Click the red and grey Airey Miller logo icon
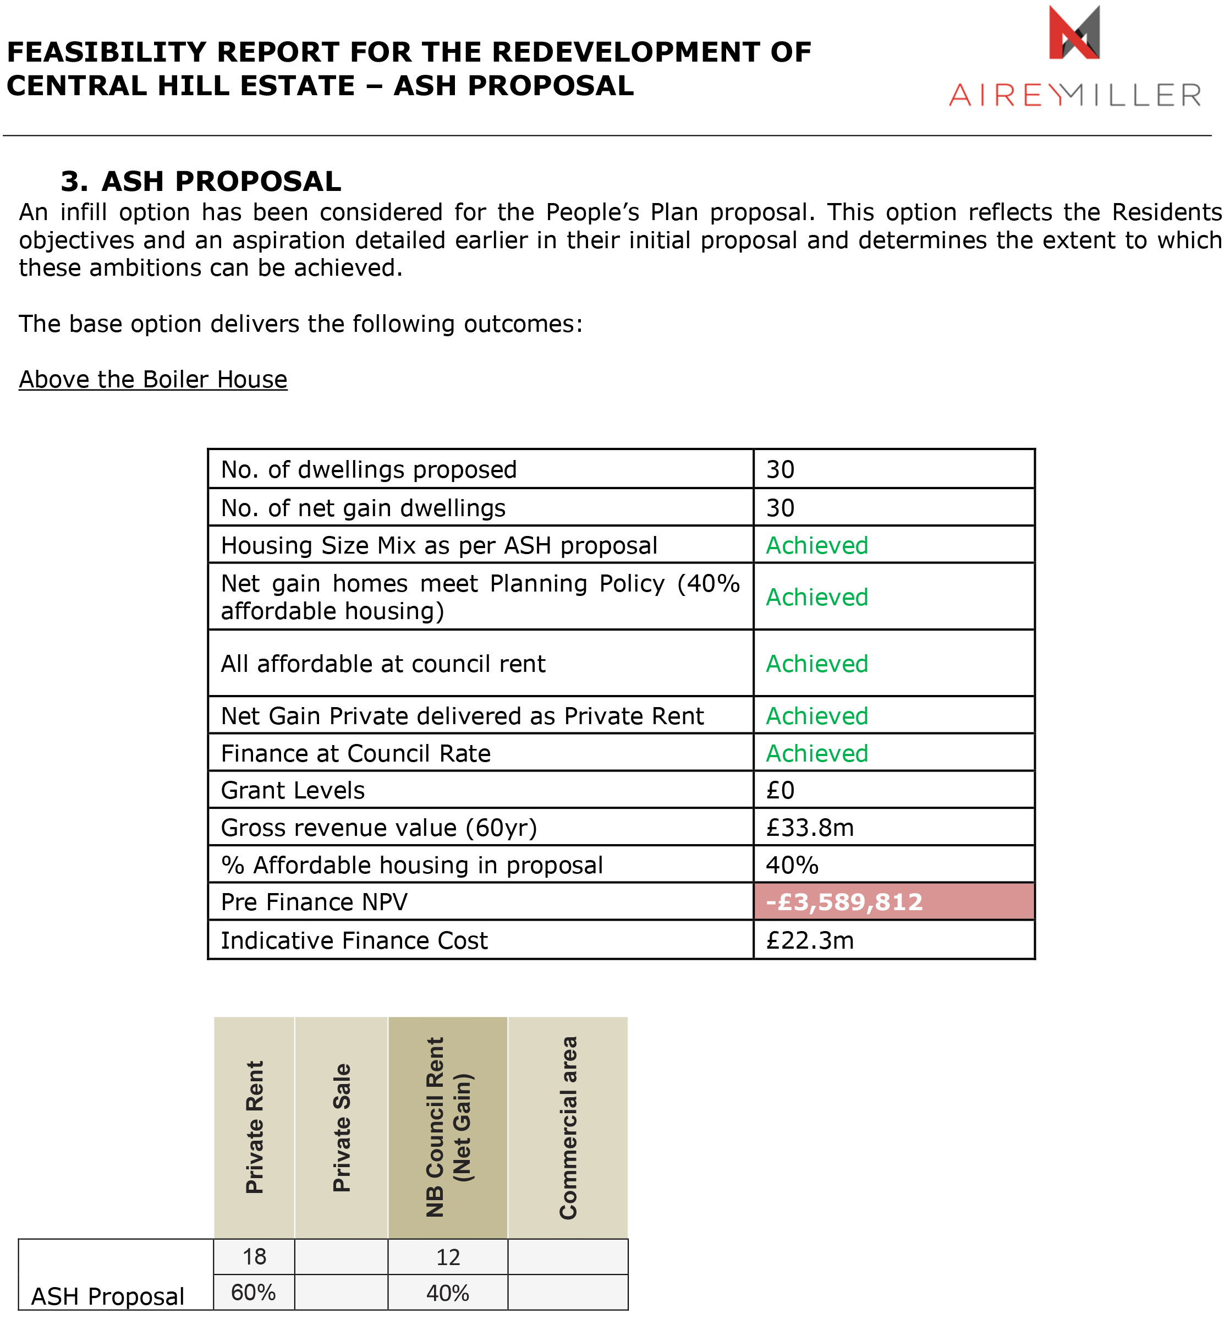pos(1073,32)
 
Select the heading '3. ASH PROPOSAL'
pos(200,181)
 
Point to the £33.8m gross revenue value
pos(809,828)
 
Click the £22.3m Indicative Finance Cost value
pos(809,940)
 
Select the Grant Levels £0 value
pos(780,790)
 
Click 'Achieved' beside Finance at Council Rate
pos(817,753)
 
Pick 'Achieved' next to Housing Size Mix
pos(817,545)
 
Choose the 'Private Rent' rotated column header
pos(255,1128)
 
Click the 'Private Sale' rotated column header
pos(342,1128)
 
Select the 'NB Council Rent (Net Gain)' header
pos(448,1128)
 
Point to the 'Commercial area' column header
pos(568,1128)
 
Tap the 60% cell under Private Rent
pos(254,1293)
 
